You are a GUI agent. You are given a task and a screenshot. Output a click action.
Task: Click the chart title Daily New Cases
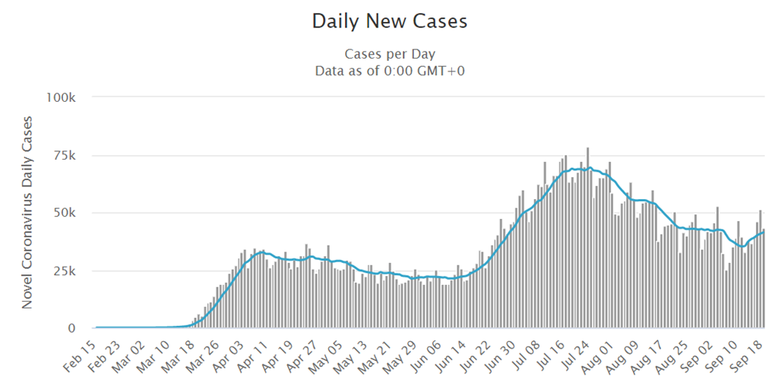click(x=389, y=21)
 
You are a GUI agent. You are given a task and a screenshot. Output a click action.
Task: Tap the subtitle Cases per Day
click(x=389, y=54)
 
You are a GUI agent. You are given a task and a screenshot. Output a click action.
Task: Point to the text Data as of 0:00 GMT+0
click(x=389, y=71)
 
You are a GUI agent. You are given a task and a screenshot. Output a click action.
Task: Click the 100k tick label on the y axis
click(x=62, y=98)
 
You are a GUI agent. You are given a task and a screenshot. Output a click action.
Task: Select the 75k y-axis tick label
click(x=65, y=156)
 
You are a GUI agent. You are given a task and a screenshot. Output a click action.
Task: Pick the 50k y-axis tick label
click(x=65, y=214)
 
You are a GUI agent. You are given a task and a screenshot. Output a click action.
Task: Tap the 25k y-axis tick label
click(x=65, y=271)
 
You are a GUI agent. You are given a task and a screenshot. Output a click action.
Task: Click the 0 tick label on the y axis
click(x=72, y=328)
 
